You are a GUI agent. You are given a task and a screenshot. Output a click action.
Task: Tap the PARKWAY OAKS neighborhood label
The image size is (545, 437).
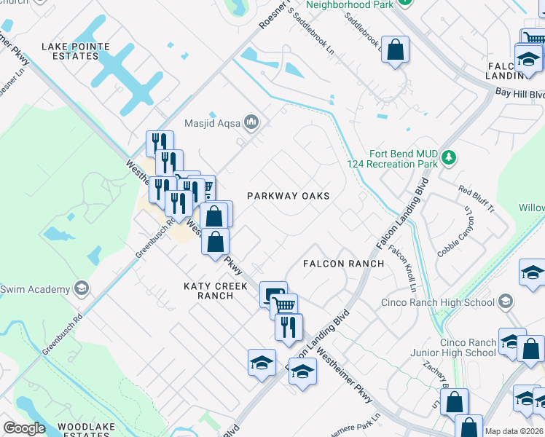pos(288,196)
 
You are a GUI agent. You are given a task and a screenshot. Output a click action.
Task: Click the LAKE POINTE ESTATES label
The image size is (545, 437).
pos(76,51)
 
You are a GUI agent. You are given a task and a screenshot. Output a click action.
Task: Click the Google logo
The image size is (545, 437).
pos(24,428)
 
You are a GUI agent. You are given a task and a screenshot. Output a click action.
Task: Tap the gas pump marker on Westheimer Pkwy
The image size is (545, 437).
pos(273,294)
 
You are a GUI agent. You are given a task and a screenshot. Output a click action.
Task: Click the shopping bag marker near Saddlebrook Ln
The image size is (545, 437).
pos(395,50)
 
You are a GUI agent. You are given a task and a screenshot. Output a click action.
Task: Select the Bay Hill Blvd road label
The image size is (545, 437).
pos(519,94)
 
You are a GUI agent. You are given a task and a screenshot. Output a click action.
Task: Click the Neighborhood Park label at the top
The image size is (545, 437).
pos(350,5)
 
